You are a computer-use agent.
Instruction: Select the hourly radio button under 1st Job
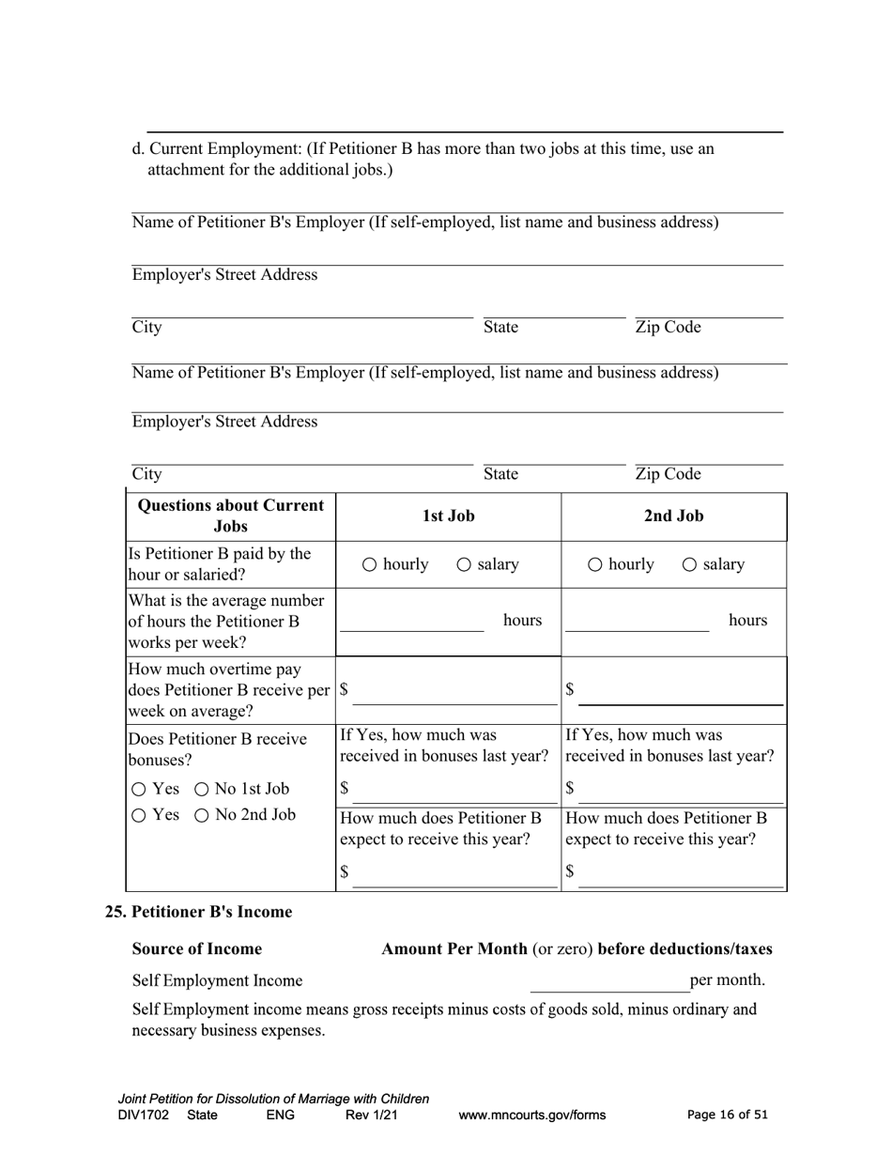pyautogui.click(x=369, y=564)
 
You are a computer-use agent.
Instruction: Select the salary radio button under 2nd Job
pyautogui.click(x=689, y=564)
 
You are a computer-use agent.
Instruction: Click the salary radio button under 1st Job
pyautogui.click(x=464, y=564)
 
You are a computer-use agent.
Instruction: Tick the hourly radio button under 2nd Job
pyautogui.click(x=595, y=564)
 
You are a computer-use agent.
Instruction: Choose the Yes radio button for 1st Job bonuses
pyautogui.click(x=139, y=790)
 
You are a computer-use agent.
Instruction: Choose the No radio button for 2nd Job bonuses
pyautogui.click(x=202, y=816)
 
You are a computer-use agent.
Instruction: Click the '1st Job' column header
pyautogui.click(x=448, y=516)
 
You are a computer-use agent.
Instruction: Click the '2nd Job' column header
pyautogui.click(x=673, y=516)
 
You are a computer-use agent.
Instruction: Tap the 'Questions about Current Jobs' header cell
pyautogui.click(x=231, y=516)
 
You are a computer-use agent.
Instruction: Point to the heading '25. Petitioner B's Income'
pyautogui.click(x=198, y=912)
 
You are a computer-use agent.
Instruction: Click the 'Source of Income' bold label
pyautogui.click(x=197, y=948)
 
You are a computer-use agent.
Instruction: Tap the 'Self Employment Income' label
pyautogui.click(x=217, y=981)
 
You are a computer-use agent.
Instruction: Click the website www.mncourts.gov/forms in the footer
pyautogui.click(x=531, y=1116)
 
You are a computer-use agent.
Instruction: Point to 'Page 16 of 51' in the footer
pyautogui.click(x=727, y=1116)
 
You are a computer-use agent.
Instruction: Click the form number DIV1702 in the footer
pyautogui.click(x=144, y=1116)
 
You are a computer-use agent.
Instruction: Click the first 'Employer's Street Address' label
pyautogui.click(x=224, y=275)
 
